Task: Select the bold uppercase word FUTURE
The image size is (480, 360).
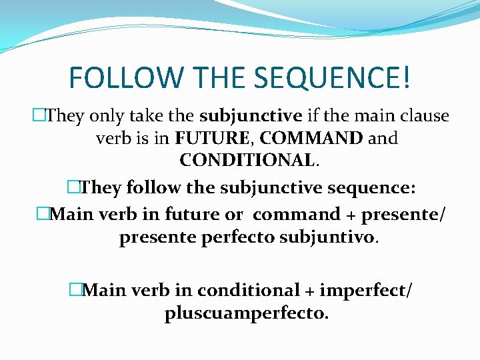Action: click(x=214, y=139)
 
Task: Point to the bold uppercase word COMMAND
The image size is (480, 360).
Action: click(x=311, y=139)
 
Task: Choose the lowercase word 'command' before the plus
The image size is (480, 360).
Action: click(x=297, y=215)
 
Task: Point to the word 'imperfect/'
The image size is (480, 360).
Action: click(x=365, y=291)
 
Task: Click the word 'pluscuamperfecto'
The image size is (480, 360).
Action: click(x=246, y=313)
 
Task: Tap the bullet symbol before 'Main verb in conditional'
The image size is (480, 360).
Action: click(x=75, y=291)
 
